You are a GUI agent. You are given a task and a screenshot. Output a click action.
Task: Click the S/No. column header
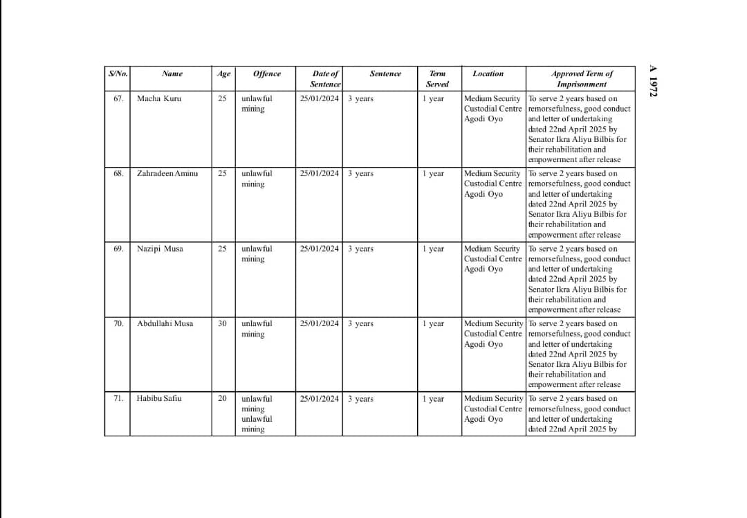117,73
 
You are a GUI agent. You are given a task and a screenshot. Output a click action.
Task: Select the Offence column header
267,73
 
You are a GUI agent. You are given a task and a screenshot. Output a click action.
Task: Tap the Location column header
488,73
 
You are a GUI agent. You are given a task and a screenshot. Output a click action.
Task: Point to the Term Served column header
437,78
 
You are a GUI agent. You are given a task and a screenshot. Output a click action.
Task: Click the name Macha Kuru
159,98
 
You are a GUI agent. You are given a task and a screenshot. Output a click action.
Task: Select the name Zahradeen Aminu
167,173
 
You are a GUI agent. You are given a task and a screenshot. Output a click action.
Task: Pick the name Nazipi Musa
160,249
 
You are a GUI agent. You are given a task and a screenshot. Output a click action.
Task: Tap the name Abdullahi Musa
165,323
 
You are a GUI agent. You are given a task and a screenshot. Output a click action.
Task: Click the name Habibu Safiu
159,398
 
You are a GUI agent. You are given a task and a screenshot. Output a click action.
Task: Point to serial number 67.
118,98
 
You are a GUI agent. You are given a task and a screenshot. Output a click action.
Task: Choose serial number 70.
118,323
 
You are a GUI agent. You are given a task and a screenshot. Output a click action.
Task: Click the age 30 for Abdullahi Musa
222,323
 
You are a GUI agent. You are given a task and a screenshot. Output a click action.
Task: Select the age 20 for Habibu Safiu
222,398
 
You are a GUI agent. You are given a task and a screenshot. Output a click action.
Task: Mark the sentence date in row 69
320,249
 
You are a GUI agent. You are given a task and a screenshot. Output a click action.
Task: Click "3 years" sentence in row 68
360,173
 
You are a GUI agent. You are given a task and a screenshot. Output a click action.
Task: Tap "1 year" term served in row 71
433,398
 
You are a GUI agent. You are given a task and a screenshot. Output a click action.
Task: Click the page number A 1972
654,81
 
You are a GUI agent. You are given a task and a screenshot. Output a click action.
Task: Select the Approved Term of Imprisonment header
582,78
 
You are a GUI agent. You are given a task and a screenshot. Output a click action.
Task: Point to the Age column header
223,73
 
